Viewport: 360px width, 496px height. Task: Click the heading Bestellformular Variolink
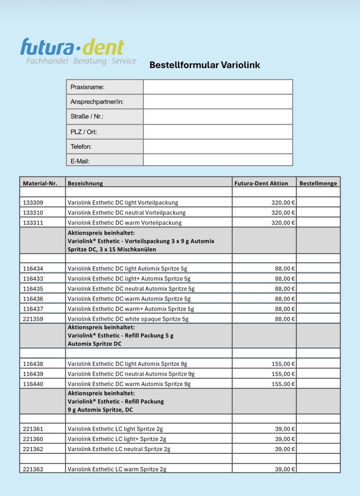click(205, 65)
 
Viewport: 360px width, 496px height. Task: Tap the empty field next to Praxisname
click(218, 87)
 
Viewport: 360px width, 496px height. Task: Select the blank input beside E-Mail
click(218, 160)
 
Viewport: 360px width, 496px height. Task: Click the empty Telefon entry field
click(218, 146)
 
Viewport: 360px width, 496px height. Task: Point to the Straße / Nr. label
click(87, 117)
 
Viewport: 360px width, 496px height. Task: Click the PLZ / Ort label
click(84, 132)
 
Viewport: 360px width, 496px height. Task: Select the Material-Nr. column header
click(43, 183)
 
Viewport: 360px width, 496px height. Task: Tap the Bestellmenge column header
click(318, 183)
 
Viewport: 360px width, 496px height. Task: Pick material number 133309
click(33, 203)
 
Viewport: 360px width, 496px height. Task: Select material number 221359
click(33, 319)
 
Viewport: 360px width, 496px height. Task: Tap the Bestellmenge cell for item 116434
click(318, 269)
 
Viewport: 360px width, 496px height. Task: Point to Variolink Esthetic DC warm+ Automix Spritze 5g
click(131, 309)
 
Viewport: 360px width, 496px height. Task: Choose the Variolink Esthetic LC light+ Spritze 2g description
click(117, 439)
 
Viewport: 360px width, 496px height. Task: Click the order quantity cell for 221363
click(318, 469)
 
